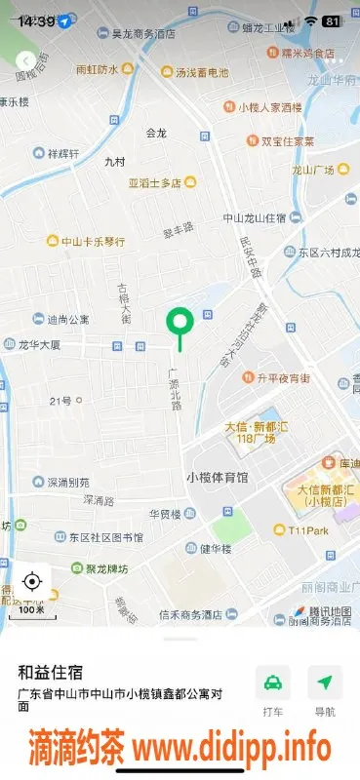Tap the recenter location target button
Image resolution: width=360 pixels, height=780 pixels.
pyautogui.click(x=31, y=582)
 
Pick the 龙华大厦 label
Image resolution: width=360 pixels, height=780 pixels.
pyautogui.click(x=39, y=345)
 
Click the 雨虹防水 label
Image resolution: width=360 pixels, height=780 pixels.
pyautogui.click(x=98, y=70)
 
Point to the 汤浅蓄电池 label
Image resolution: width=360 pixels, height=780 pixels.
pyautogui.click(x=201, y=72)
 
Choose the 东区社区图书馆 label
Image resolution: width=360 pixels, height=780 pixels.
pyautogui.click(x=104, y=537)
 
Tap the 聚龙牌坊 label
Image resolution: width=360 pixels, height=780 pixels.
pyautogui.click(x=105, y=568)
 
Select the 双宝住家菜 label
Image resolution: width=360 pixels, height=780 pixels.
pyautogui.click(x=287, y=141)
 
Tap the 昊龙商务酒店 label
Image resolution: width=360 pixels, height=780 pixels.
pyautogui.click(x=142, y=33)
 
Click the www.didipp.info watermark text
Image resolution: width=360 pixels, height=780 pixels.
pyautogui.click(x=231, y=749)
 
